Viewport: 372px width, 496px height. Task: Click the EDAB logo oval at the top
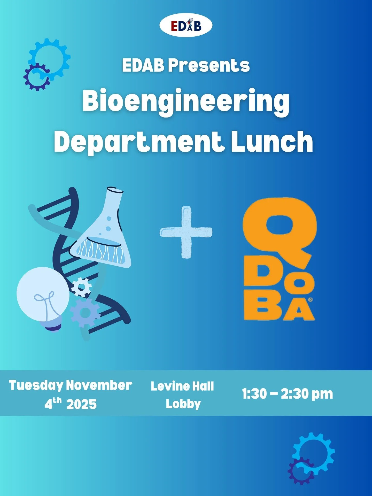click(186, 26)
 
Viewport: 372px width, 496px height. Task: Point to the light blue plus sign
click(186, 232)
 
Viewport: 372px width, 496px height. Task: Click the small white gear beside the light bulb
click(81, 287)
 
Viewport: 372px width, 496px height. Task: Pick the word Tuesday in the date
click(36, 385)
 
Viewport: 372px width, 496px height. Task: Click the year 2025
click(82, 404)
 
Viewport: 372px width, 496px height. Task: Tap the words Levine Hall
click(182, 386)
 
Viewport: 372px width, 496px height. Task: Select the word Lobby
click(183, 404)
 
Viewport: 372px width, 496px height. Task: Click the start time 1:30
click(254, 394)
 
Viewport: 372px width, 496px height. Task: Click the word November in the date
click(99, 385)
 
